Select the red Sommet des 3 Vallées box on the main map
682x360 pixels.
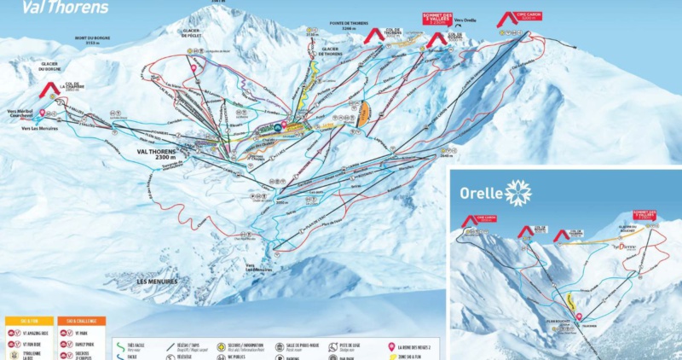(436, 19)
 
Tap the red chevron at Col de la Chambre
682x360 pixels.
(49, 89)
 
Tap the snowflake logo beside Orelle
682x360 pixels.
(517, 192)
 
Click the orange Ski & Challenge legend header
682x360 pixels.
(78, 321)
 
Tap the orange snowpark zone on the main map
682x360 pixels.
(364, 115)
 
